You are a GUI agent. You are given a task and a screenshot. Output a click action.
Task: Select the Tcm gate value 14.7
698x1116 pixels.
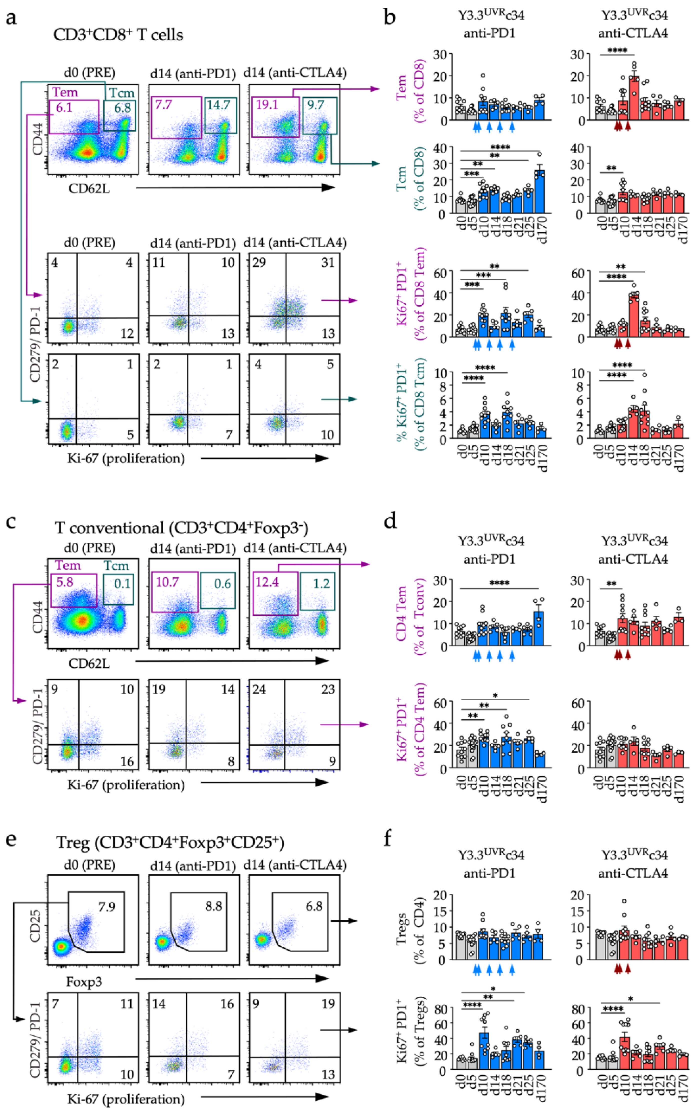(x=219, y=105)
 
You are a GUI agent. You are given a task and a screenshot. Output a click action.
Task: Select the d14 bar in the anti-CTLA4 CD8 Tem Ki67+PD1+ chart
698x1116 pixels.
(x=634, y=316)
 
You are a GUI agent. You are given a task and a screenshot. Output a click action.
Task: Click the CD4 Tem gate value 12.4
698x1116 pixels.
(x=267, y=583)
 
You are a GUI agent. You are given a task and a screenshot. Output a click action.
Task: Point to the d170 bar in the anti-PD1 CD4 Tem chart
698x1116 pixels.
(x=539, y=629)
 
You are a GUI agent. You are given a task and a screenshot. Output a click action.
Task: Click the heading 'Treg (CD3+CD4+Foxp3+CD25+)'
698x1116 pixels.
(x=170, y=843)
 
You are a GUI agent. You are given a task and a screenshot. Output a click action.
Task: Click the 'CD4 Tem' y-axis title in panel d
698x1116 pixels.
(x=401, y=613)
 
